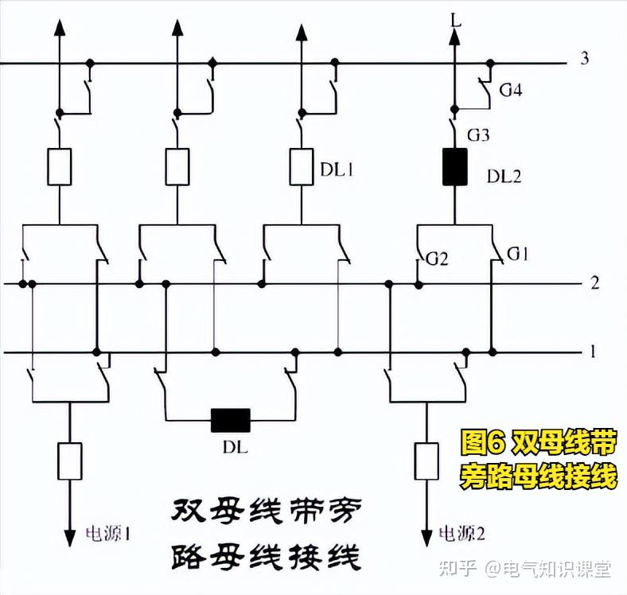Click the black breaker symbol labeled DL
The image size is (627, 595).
[230, 419]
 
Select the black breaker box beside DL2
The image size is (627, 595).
[454, 166]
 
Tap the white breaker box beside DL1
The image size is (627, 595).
[301, 166]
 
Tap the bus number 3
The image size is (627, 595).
[585, 59]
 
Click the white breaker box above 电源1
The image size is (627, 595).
[70, 461]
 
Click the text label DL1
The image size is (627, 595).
[337, 169]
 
